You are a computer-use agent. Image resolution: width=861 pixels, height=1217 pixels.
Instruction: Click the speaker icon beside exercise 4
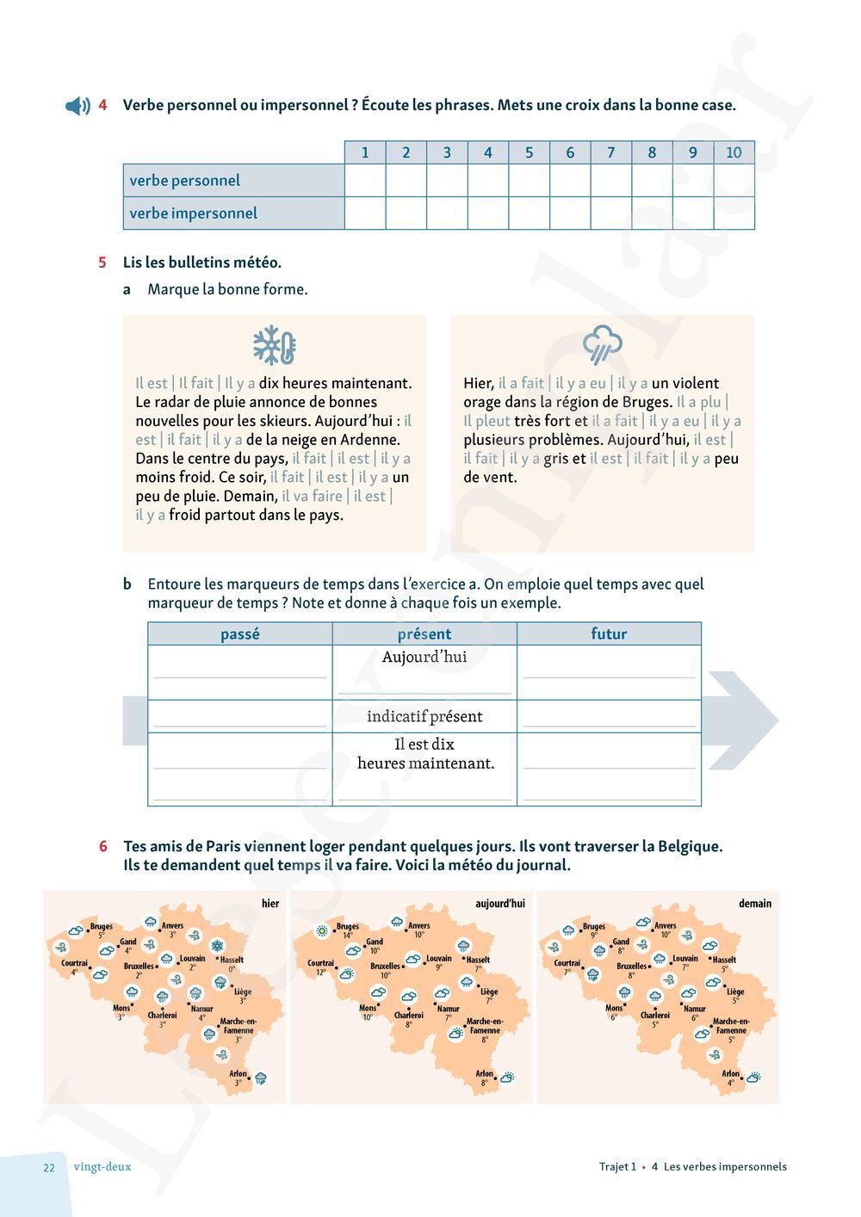click(x=77, y=106)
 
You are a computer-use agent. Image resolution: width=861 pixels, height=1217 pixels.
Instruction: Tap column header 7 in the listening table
click(x=610, y=152)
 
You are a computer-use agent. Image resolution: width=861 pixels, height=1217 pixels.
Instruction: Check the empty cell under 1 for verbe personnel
click(x=365, y=181)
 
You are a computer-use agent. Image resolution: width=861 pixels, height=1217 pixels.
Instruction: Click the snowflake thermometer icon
click(x=274, y=346)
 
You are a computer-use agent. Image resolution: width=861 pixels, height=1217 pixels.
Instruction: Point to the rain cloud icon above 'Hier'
click(x=601, y=344)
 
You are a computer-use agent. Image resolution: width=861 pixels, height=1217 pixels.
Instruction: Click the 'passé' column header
click(x=239, y=634)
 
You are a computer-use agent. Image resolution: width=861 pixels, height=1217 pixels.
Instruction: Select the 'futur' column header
click(x=609, y=634)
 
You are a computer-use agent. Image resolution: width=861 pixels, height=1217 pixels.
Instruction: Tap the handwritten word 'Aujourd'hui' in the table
click(x=424, y=657)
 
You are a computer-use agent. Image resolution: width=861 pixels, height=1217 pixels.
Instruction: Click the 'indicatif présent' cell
click(x=424, y=716)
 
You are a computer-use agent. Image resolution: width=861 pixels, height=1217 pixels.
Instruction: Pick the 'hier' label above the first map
click(x=270, y=903)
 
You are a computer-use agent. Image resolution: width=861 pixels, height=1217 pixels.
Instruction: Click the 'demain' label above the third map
click(x=754, y=903)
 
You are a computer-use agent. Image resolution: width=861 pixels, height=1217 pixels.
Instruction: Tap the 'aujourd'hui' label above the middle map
click(x=499, y=903)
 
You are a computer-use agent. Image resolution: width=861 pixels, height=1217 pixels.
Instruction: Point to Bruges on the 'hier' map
click(x=101, y=927)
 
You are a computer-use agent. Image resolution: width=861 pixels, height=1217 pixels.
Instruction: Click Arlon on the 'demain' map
click(x=731, y=1073)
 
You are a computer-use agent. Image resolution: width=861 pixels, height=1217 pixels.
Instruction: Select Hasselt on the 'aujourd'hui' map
click(x=478, y=960)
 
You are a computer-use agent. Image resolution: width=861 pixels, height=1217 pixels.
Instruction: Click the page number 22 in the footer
click(x=49, y=1167)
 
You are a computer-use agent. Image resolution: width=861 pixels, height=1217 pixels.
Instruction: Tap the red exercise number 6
click(x=103, y=846)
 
